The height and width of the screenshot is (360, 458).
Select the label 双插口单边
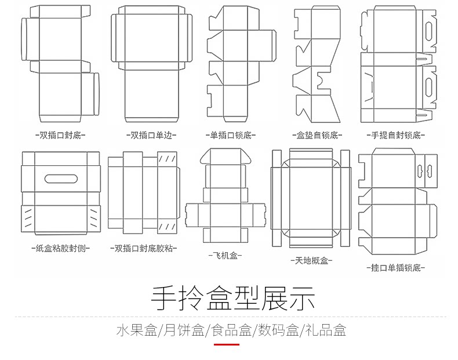pos(151,136)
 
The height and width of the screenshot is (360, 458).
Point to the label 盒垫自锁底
pos(316,136)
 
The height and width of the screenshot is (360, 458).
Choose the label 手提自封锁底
pos(397,136)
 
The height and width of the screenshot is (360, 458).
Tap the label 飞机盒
pos(225,255)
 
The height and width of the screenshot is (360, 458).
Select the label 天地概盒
pos(311,261)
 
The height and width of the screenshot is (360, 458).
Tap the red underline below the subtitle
pos(227,344)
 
